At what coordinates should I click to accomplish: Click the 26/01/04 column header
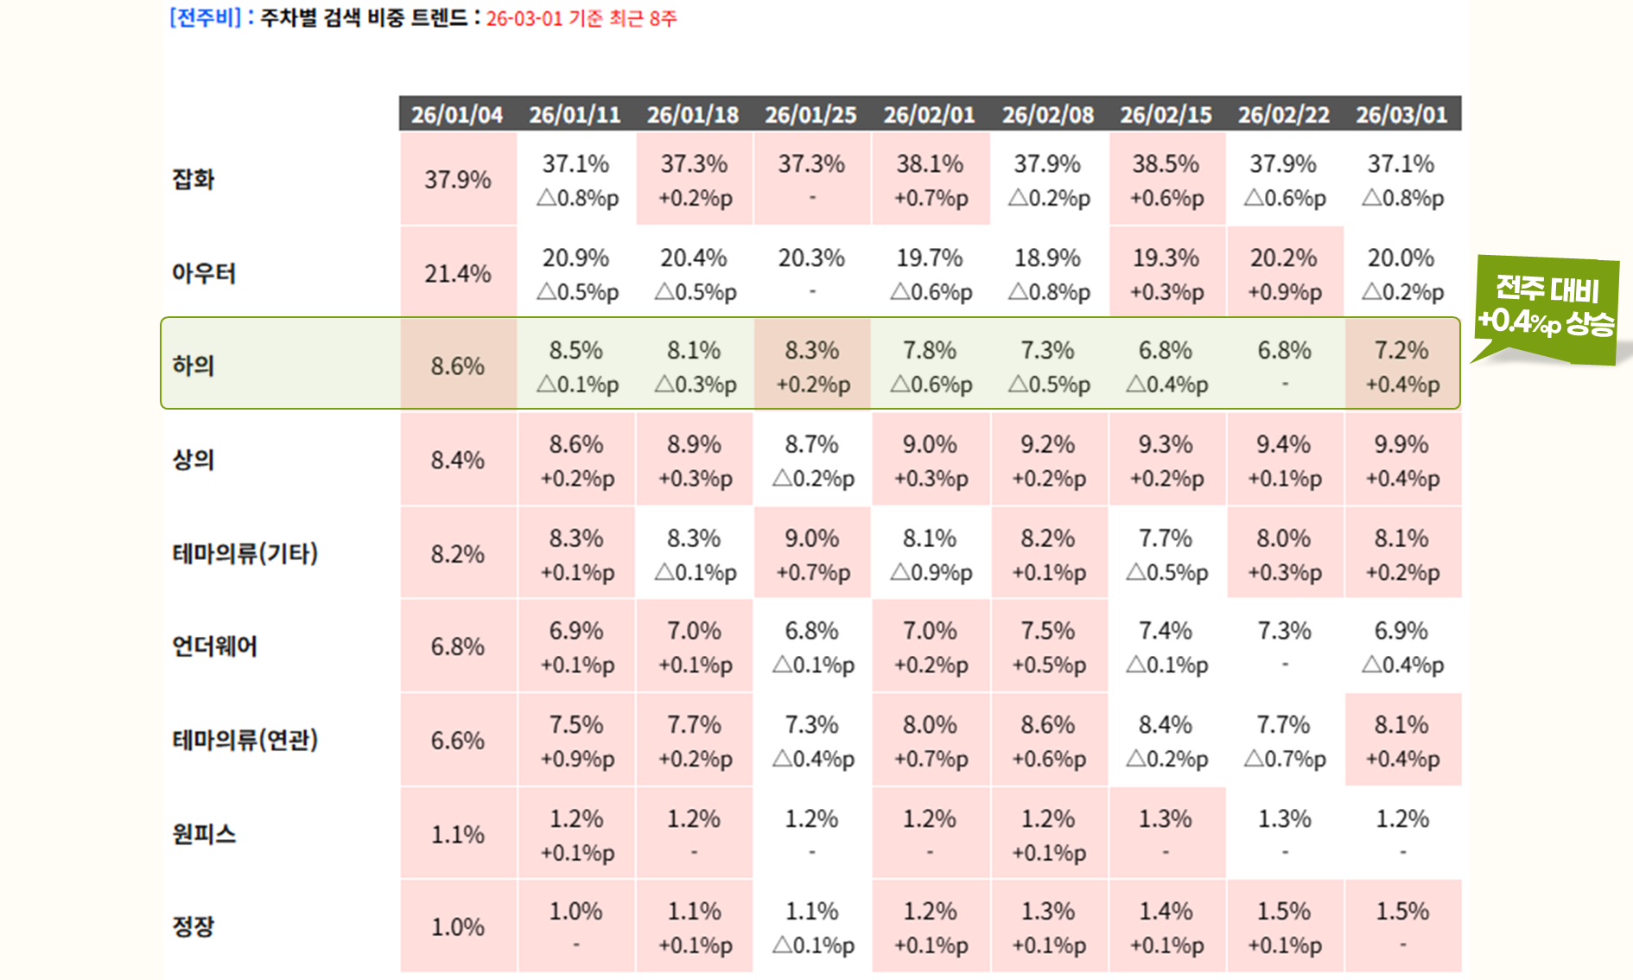point(457,115)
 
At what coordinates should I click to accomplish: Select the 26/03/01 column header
point(1401,115)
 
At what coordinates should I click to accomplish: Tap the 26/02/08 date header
point(1047,115)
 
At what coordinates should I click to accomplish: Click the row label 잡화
point(194,179)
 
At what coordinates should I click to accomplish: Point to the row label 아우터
point(204,273)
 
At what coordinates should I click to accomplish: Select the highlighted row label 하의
point(194,366)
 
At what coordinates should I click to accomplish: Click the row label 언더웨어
point(214,646)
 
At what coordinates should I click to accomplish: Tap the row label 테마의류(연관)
point(245,740)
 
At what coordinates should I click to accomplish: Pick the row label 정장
point(194,926)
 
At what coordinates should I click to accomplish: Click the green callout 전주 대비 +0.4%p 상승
point(1546,307)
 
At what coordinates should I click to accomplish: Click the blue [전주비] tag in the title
point(206,18)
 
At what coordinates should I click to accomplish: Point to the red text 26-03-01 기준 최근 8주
point(581,19)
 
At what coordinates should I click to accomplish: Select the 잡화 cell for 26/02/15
point(1166,180)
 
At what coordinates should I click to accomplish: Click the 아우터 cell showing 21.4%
point(458,274)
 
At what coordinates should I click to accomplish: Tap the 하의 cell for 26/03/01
point(1402,366)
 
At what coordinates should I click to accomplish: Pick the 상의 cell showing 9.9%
point(1402,460)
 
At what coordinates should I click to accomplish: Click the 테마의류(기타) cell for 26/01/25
point(812,554)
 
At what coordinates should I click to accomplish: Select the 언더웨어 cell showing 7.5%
point(1048,646)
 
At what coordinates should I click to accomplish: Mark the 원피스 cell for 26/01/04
point(458,834)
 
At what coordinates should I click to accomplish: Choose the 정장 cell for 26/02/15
point(1166,926)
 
